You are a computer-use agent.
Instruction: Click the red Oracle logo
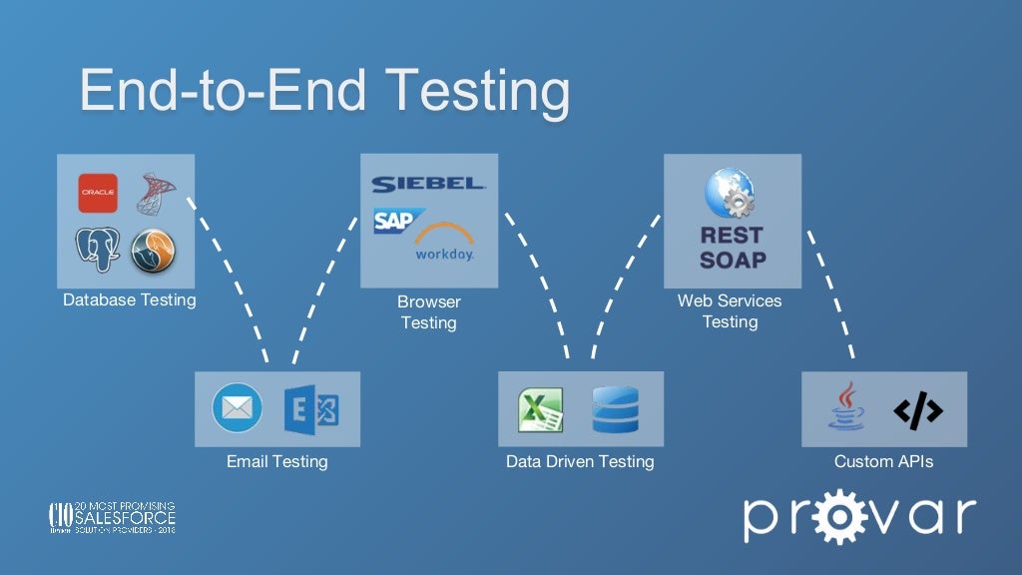98,193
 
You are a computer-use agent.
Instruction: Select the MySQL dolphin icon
153,251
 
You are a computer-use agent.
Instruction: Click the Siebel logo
428,185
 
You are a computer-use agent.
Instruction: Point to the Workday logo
444,243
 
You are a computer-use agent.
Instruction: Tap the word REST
732,236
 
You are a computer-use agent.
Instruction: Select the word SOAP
732,260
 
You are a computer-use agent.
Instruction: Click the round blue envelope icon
238,408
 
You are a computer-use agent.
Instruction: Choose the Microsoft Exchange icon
310,409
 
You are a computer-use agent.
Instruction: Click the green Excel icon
541,409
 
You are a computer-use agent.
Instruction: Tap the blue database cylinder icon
614,409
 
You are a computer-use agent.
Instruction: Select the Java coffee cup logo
846,407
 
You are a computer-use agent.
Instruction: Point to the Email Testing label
276,461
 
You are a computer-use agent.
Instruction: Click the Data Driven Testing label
580,461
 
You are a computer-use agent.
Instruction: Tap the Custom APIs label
883,461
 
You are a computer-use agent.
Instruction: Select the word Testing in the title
478,90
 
